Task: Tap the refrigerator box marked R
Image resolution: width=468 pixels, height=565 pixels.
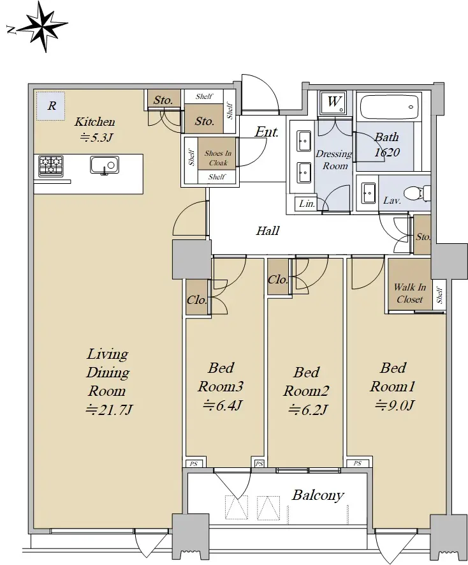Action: click(50, 106)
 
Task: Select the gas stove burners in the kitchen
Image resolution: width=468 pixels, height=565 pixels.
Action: click(51, 166)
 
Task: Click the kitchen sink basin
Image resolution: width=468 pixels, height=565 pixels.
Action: click(105, 165)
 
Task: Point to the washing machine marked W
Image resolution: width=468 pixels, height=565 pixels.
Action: click(333, 103)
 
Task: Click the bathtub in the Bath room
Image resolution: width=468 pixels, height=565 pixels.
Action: click(390, 107)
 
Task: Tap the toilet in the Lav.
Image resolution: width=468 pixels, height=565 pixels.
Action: click(417, 193)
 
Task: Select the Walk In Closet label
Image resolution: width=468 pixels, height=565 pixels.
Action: click(410, 293)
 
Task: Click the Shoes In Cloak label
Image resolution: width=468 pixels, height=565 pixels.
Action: click(218, 158)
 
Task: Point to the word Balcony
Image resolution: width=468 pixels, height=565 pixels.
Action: click(318, 495)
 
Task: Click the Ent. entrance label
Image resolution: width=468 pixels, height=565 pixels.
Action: click(267, 132)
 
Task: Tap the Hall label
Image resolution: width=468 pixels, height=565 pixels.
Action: click(268, 230)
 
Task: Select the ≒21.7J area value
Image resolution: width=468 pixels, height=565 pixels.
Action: click(109, 410)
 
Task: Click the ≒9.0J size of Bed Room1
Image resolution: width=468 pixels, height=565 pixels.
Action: click(395, 406)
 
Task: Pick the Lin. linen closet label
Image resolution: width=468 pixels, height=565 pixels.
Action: click(307, 204)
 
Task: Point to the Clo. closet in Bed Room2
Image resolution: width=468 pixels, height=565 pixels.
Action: click(278, 280)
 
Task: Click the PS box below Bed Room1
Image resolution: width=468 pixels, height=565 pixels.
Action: click(358, 463)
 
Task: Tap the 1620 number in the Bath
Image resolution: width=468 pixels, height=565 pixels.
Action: click(387, 153)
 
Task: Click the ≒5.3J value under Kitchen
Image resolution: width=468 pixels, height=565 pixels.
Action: click(96, 137)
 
